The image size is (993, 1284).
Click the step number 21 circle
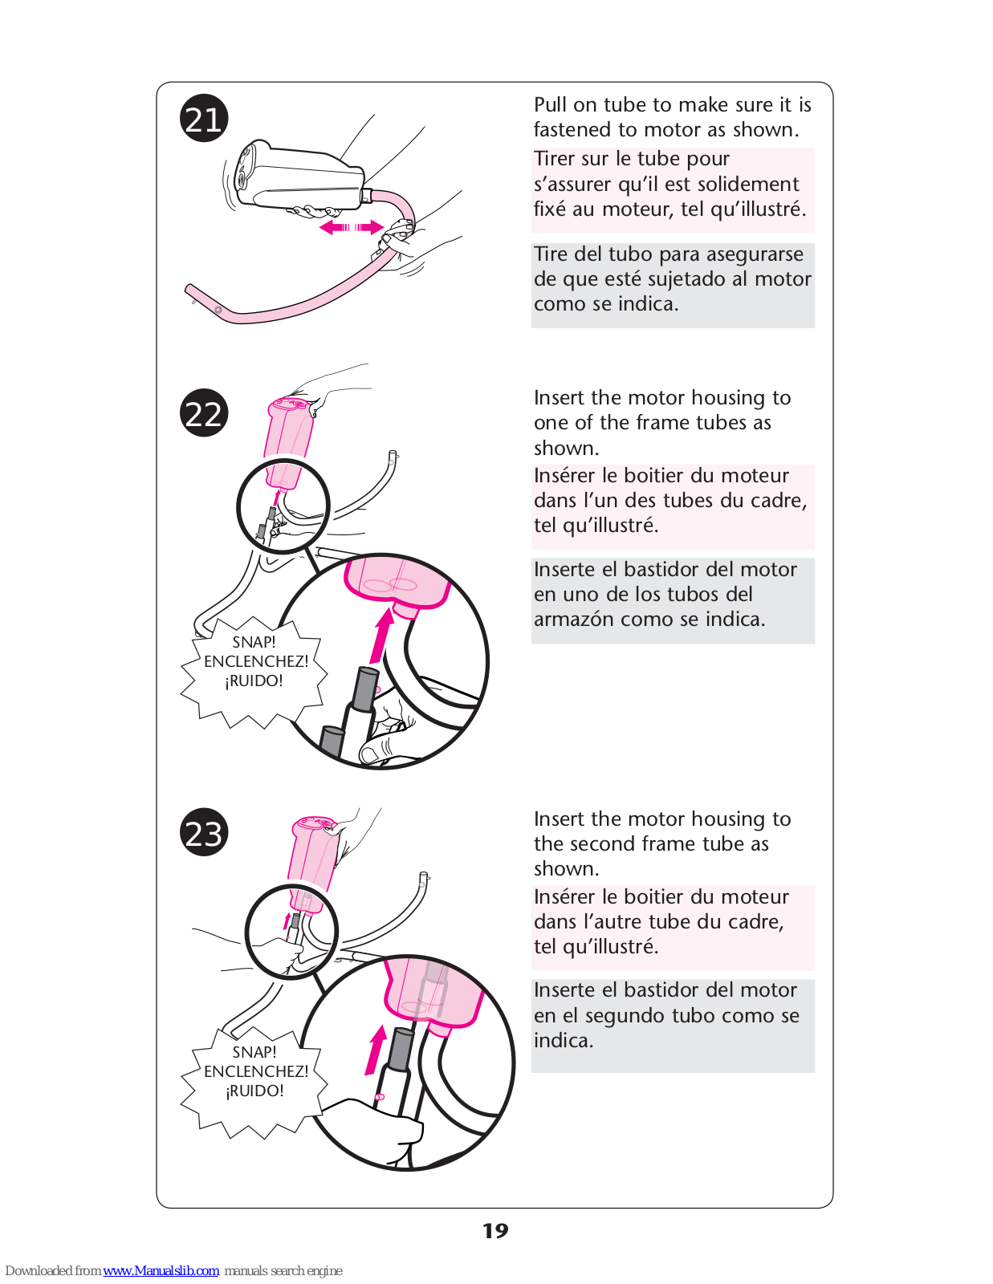[204, 119]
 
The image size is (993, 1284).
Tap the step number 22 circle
[204, 413]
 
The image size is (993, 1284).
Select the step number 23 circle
[204, 833]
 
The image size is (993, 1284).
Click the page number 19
[495, 1231]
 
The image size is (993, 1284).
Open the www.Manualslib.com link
[161, 1271]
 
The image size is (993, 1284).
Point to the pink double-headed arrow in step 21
[351, 228]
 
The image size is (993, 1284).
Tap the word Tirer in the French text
[554, 159]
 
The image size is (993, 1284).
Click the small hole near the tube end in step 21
[218, 310]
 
